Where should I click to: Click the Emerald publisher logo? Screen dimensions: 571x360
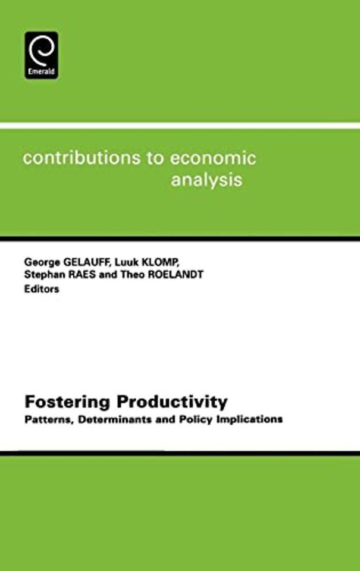coord(41,55)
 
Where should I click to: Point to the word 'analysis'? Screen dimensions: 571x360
coord(206,180)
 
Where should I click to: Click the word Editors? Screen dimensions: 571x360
coord(42,290)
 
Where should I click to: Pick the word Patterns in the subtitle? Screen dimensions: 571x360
coord(46,419)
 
